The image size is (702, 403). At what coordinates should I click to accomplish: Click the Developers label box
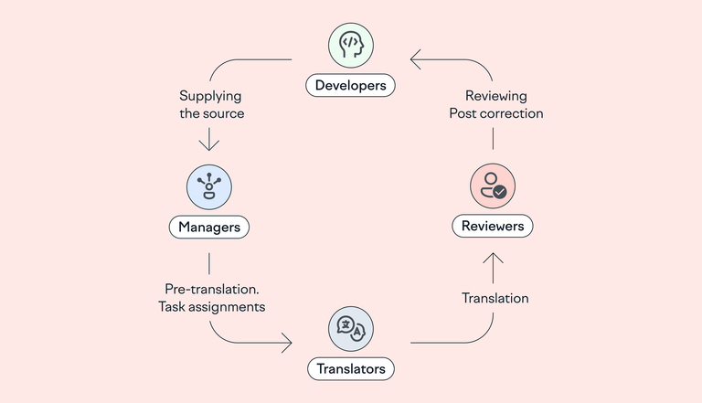pyautogui.click(x=350, y=86)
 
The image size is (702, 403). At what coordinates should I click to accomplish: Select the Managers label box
pyautogui.click(x=209, y=226)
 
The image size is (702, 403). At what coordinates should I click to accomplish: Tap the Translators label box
pyautogui.click(x=350, y=369)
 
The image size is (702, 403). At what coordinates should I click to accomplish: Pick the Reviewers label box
pyautogui.click(x=493, y=225)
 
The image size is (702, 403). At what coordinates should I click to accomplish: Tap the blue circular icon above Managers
pyautogui.click(x=209, y=186)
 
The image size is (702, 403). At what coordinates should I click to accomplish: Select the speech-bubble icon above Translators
pyautogui.click(x=351, y=329)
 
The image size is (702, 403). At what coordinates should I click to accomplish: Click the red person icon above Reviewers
pyautogui.click(x=494, y=185)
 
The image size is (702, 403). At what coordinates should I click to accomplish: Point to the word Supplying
pyautogui.click(x=211, y=95)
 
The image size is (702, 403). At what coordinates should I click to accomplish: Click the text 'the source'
pyautogui.click(x=211, y=114)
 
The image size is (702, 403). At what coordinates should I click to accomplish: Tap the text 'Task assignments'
pyautogui.click(x=212, y=307)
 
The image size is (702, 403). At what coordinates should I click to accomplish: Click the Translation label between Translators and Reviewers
pyautogui.click(x=495, y=298)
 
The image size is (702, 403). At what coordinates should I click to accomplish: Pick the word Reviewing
pyautogui.click(x=495, y=95)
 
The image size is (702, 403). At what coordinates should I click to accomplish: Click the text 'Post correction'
pyautogui.click(x=495, y=114)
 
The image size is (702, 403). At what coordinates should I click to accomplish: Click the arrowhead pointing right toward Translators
pyautogui.click(x=287, y=344)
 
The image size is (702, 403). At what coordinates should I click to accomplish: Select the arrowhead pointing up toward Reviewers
pyautogui.click(x=494, y=259)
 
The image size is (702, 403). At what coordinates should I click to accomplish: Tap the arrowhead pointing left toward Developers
pyautogui.click(x=415, y=60)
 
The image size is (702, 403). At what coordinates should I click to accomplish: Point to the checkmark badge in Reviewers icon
pyautogui.click(x=500, y=192)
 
